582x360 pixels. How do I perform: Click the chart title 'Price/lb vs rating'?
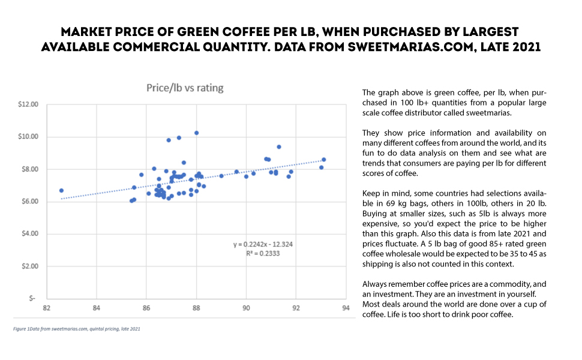(x=185, y=88)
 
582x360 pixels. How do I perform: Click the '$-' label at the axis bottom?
(x=34, y=298)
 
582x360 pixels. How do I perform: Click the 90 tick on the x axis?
(x=246, y=309)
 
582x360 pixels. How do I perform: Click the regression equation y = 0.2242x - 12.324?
(x=263, y=245)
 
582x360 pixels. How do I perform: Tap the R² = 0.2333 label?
(x=263, y=253)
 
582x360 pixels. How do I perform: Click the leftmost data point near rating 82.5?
(x=61, y=190)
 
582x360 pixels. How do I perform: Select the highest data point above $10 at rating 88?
(x=196, y=133)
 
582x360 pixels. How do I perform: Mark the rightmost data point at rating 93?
(x=323, y=160)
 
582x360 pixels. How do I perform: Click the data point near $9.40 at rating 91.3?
(x=279, y=147)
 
